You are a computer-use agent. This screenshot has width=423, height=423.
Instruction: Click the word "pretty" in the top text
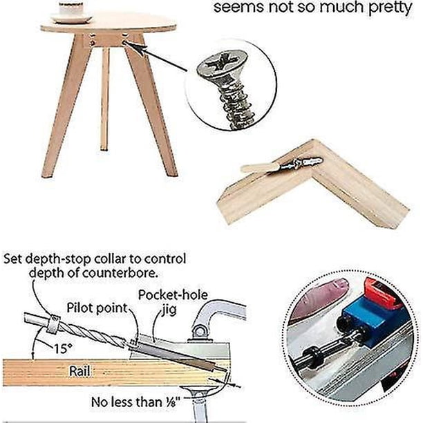(391, 8)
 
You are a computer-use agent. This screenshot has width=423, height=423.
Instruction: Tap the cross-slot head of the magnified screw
(223, 63)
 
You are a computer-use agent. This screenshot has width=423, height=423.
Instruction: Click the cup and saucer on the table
(71, 12)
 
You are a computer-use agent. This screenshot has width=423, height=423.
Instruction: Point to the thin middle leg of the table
(104, 99)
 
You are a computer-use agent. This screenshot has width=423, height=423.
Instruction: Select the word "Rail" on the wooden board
(80, 370)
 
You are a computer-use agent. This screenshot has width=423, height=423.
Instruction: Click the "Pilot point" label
(97, 308)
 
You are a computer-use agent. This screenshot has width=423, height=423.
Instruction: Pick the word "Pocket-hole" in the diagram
(173, 295)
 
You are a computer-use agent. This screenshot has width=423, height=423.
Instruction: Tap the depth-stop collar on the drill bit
(53, 323)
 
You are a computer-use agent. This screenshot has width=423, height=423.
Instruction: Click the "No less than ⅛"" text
(135, 402)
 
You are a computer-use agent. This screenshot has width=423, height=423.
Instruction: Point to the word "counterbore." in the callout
(120, 273)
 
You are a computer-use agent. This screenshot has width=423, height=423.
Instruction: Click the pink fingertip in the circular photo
(318, 300)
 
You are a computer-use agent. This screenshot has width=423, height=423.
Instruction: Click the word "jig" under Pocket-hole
(169, 310)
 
